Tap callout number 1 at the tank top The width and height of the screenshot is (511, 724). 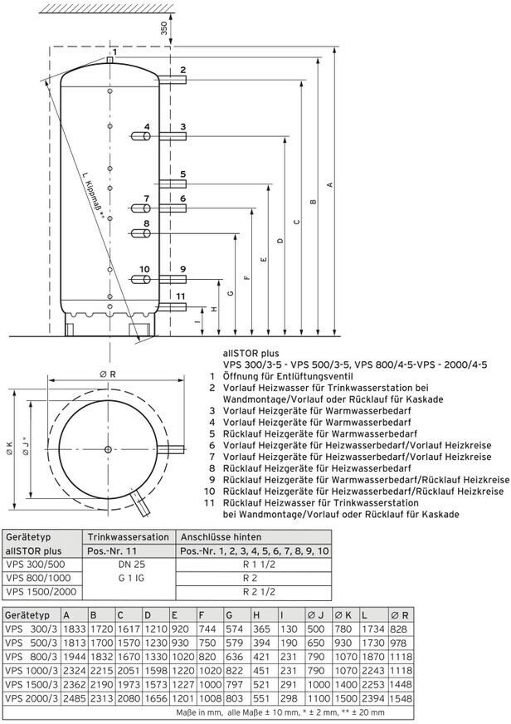click(x=115, y=52)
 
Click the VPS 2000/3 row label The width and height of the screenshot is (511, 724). click(x=31, y=699)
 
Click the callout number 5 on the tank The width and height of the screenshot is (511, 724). click(x=182, y=174)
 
